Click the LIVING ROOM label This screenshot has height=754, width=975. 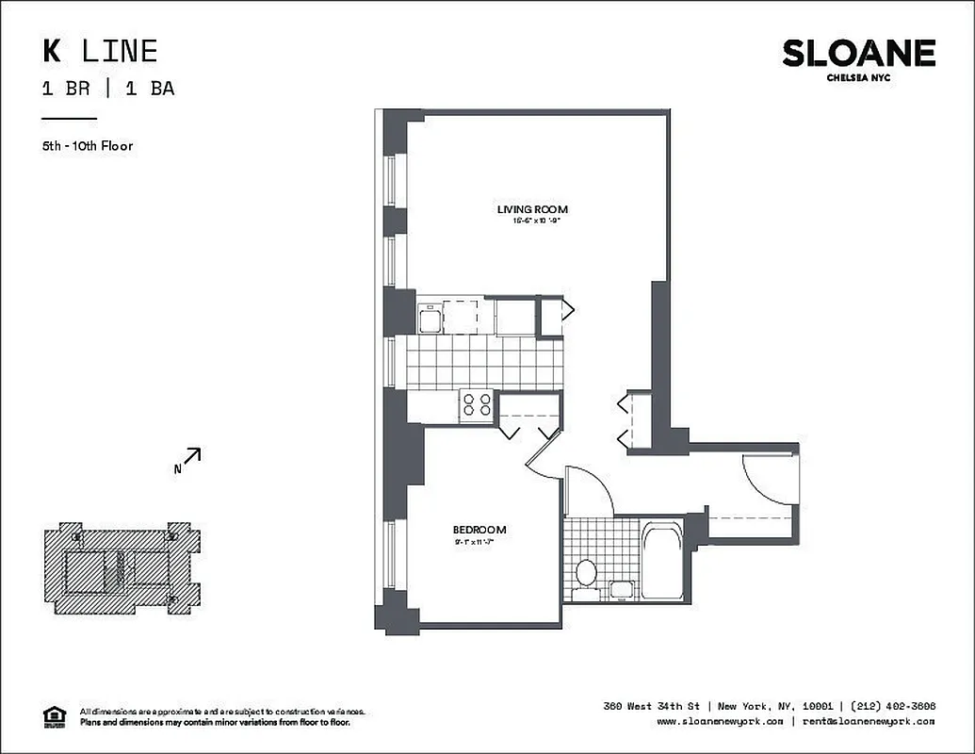click(x=532, y=209)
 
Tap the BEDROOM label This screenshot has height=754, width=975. click(x=479, y=530)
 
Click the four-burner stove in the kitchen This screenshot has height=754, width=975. click(x=478, y=405)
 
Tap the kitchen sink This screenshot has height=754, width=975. click(x=430, y=317)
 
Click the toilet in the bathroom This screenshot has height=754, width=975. click(x=585, y=572)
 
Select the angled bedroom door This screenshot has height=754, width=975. click(x=543, y=451)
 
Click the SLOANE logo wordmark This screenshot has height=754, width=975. click(x=858, y=54)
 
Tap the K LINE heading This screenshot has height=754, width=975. click(x=99, y=51)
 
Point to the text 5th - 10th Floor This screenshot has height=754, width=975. click(x=88, y=146)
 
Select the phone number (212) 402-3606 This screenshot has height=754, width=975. click(x=892, y=706)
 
